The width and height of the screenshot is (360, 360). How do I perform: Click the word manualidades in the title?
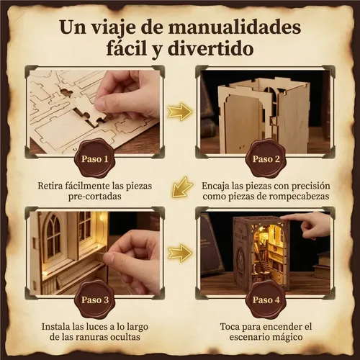pos(234,27)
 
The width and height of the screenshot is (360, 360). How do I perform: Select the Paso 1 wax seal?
pos(95,158)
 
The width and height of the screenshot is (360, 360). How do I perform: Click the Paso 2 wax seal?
pos(266,158)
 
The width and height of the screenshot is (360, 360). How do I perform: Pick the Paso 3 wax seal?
pos(95,300)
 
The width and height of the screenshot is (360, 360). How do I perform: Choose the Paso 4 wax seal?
pos(266,300)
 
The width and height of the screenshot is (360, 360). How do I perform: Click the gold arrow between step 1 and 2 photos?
pos(180,112)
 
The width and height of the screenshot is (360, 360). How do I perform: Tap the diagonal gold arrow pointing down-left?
pos(181,187)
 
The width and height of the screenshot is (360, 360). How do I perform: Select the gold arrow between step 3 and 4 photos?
pos(180,253)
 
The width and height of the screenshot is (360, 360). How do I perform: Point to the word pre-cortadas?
pos(94,197)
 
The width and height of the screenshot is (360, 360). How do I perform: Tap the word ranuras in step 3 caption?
pos(90,337)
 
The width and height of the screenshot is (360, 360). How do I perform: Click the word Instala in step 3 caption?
pos(55,327)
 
